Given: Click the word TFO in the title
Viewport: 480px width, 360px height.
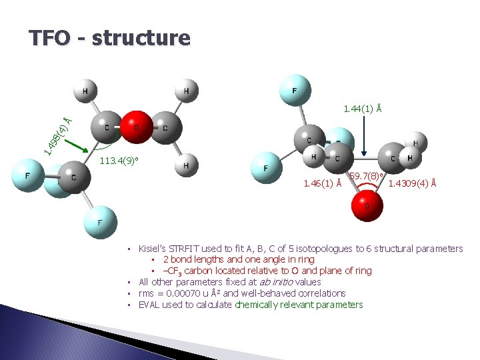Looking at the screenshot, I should tap(49, 37).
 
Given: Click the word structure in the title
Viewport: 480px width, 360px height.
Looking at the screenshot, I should tap(141, 37).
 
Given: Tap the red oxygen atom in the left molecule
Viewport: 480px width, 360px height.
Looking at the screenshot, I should tap(135, 127).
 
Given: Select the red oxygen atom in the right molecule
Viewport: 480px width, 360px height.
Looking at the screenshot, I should tap(366, 205).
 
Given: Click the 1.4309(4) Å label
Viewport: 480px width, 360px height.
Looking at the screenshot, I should tap(413, 183).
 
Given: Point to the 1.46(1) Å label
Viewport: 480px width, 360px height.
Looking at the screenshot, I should tap(323, 183).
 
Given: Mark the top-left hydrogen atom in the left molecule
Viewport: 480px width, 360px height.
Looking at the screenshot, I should tap(85, 91).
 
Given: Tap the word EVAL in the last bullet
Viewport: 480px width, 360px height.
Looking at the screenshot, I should tap(149, 305).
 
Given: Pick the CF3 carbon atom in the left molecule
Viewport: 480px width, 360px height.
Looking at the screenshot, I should tap(73, 178).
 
